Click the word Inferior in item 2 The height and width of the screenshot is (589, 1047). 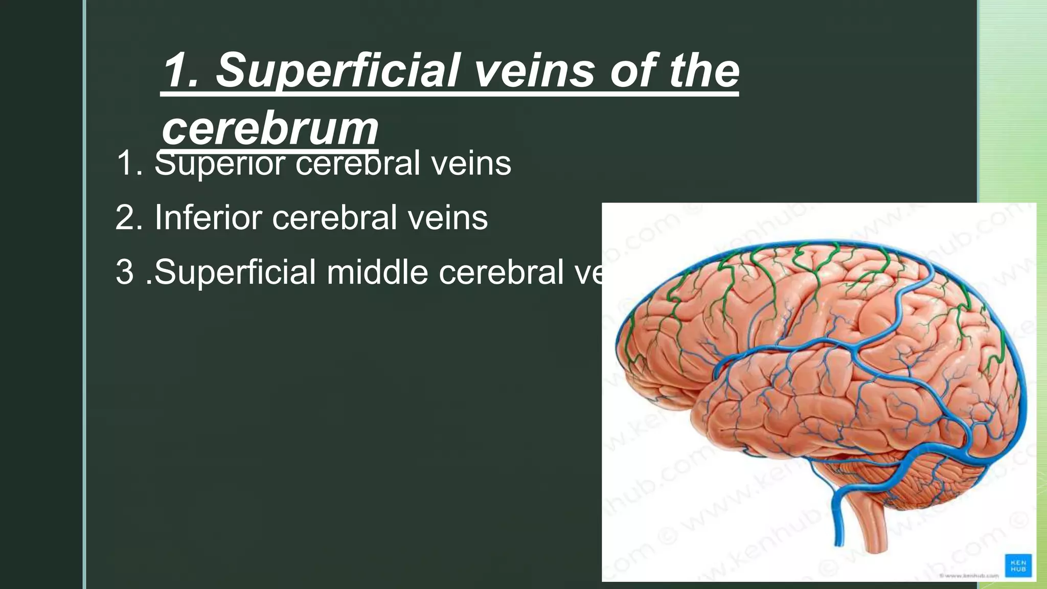pos(208,217)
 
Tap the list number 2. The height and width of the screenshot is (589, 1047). pos(128,217)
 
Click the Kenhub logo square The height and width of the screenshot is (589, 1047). pos(1018,565)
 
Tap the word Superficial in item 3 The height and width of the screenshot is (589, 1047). pos(235,271)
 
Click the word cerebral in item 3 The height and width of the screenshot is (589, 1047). pos(501,271)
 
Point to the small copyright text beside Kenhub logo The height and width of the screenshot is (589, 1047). pos(969,576)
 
